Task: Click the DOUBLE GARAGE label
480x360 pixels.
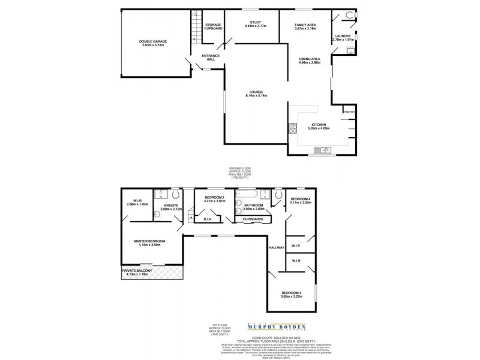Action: [153, 41]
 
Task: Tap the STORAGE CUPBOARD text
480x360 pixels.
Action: [213, 26]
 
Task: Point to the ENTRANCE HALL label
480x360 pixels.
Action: [211, 58]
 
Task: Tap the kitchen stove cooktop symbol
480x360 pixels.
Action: [293, 127]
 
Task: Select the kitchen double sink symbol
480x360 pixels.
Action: [326, 149]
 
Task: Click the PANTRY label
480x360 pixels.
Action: [349, 112]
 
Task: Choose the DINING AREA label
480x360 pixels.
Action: [310, 58]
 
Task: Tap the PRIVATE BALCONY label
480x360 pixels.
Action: [137, 271]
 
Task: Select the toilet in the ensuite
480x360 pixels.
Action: [175, 195]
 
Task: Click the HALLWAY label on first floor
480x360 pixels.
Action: [276, 248]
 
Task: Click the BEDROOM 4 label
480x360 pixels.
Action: [301, 199]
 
